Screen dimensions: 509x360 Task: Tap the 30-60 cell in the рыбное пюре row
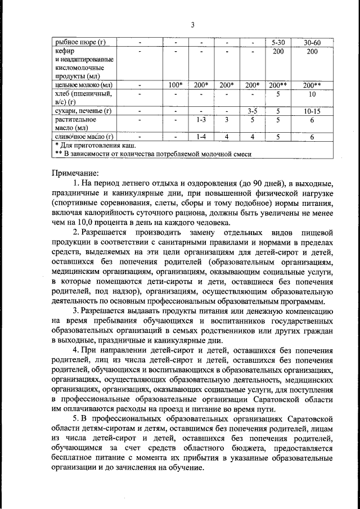click(312, 42)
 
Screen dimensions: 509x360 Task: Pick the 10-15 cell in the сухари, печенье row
click(312, 111)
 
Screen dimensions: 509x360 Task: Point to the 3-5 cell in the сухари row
click(252, 111)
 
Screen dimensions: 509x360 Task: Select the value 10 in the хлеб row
click(312, 94)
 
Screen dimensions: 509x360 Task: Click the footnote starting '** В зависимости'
click(152, 154)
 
